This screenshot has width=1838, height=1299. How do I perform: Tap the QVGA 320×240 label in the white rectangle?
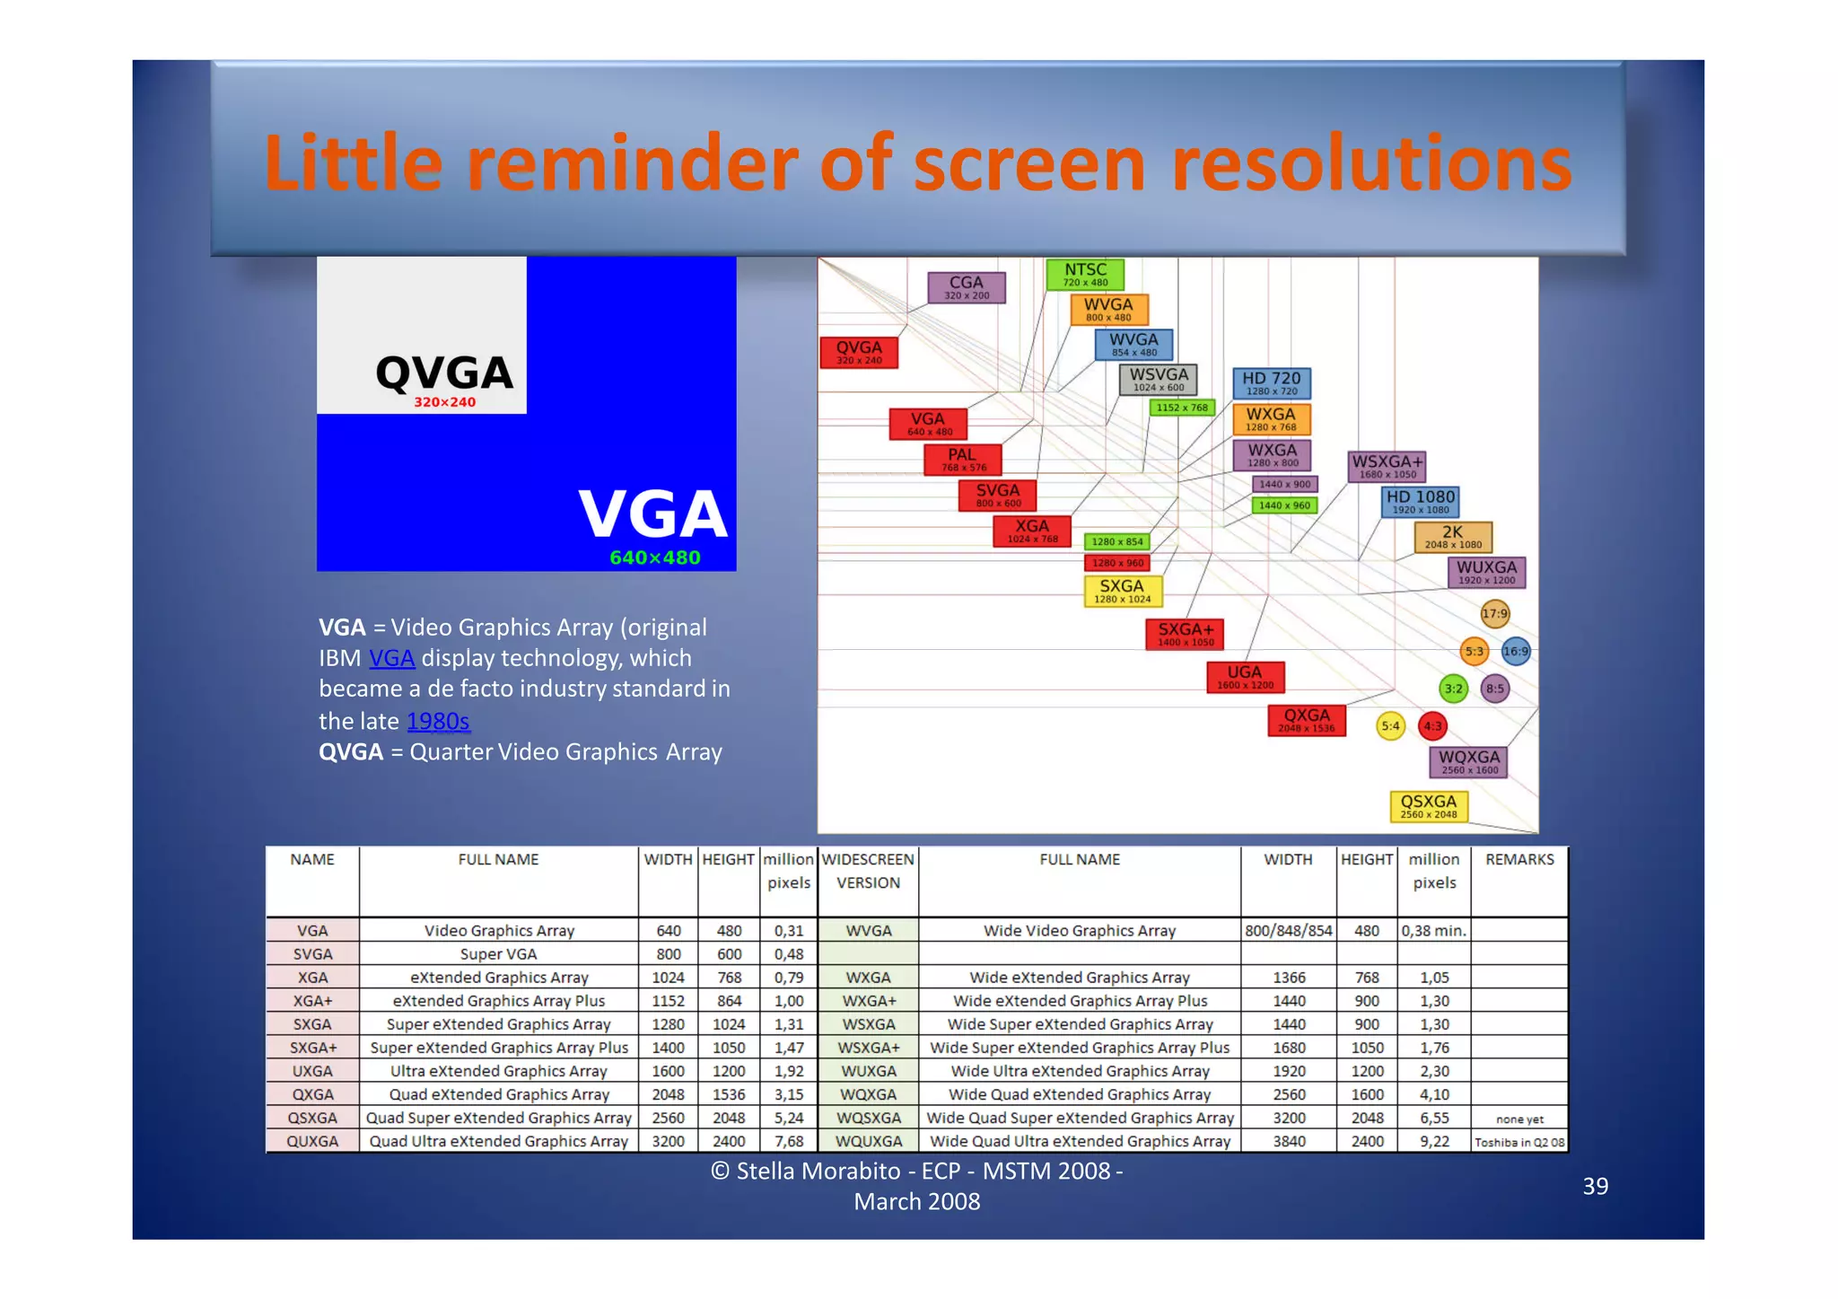pos(444,381)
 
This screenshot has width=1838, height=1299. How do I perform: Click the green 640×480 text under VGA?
pos(654,557)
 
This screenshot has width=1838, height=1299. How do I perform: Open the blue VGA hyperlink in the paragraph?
pos(391,658)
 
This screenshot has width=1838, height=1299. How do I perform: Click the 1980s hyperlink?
pos(438,721)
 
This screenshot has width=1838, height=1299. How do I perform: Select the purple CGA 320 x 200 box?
pos(966,287)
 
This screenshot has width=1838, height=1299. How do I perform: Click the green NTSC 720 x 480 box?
pos(1085,275)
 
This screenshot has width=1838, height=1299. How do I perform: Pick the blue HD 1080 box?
pos(1420,502)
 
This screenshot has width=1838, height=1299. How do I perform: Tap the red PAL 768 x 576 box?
pos(962,460)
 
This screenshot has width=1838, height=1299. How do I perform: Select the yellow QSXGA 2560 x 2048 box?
pos(1429,805)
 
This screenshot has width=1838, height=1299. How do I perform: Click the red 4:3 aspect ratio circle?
pos(1432,726)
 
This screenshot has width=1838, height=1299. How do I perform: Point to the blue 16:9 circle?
pos(1515,651)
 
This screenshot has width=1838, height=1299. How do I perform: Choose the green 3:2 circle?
pos(1453,689)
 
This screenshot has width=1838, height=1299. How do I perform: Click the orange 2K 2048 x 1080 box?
pos(1452,537)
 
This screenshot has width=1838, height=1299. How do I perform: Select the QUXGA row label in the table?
pos(312,1141)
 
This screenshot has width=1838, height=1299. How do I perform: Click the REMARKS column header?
pos(1519,859)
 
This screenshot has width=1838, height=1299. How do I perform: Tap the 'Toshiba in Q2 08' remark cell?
pos(1519,1142)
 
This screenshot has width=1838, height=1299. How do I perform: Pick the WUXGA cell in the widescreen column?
pos(868,1071)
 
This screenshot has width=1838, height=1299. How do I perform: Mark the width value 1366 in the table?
pos(1289,978)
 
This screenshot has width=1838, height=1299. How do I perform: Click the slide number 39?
pos(1595,1186)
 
